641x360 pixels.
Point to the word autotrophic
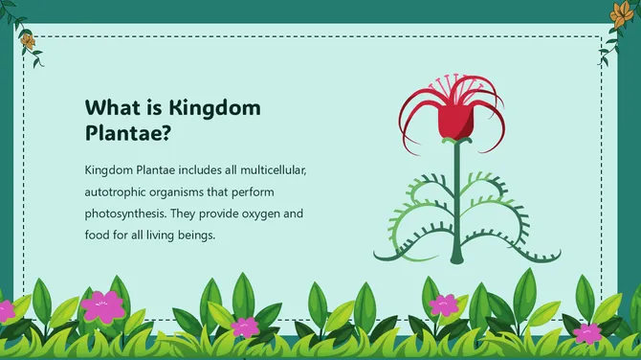point(120,191)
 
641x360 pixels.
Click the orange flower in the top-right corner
point(619,12)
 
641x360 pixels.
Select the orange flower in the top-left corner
point(27,41)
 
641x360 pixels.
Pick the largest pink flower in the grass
point(103,304)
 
